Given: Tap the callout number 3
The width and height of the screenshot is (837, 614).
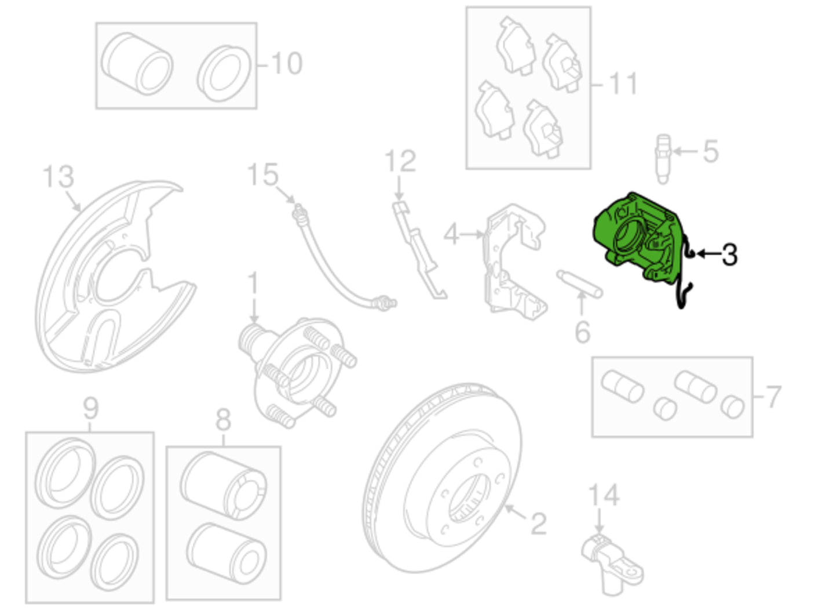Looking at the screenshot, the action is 729,255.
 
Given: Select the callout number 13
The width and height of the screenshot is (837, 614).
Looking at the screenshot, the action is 59,176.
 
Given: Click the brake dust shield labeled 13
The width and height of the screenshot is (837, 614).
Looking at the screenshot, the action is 112,277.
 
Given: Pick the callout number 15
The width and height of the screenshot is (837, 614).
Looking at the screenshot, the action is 262,175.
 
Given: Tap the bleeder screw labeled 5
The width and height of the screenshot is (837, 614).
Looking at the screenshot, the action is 663,159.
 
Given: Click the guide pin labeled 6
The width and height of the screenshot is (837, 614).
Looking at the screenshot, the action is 579,284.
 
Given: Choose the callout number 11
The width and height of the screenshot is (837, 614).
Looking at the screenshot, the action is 623,83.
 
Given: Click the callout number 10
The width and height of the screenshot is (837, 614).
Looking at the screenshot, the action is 287,63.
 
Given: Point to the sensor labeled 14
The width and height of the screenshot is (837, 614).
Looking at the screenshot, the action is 613,564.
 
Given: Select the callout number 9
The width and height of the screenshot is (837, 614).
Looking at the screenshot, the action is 90,409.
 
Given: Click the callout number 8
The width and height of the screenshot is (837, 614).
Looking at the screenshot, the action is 224,420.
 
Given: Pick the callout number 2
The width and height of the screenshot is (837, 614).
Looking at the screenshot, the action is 539,524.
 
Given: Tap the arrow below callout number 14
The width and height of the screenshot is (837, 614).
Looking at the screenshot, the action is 599,520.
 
